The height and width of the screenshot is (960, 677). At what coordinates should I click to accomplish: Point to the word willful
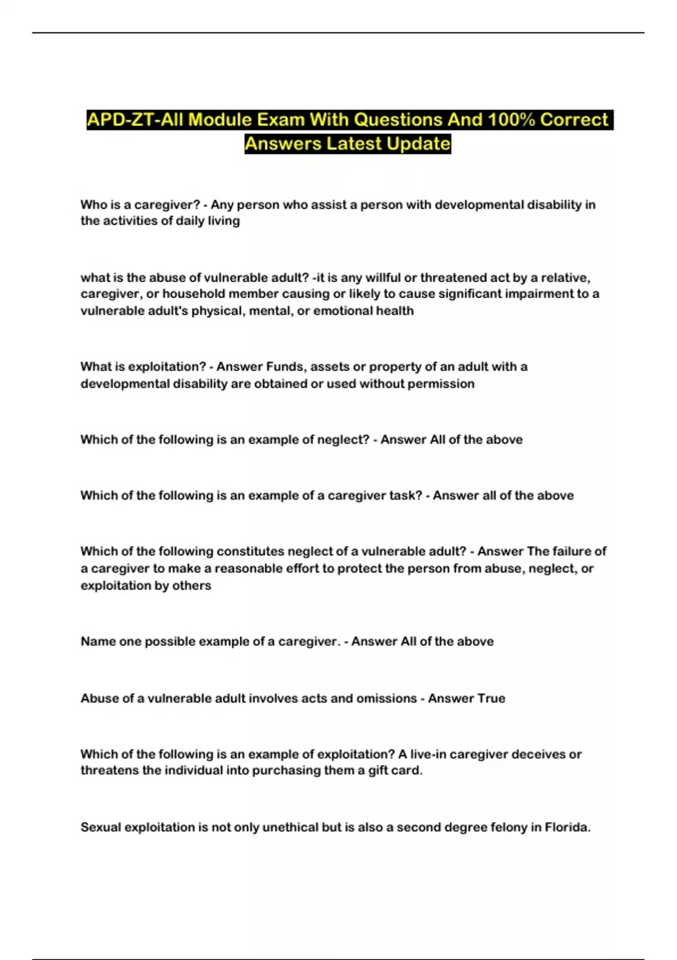coord(384,278)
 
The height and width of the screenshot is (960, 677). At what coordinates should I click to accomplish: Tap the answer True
coord(491,699)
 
